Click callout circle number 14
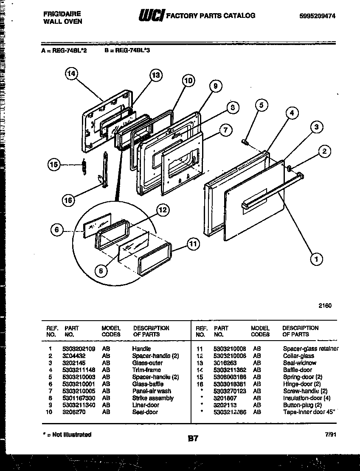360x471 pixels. tap(72, 74)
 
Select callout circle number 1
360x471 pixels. tap(315, 259)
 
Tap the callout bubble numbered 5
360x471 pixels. tap(262, 105)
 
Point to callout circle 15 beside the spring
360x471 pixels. tap(54, 165)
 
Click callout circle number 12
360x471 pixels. tap(161, 209)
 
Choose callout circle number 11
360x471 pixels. tap(193, 244)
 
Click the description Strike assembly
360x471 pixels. tap(153, 398)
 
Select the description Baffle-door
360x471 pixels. tap(297, 370)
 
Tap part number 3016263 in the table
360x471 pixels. tap(225, 363)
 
